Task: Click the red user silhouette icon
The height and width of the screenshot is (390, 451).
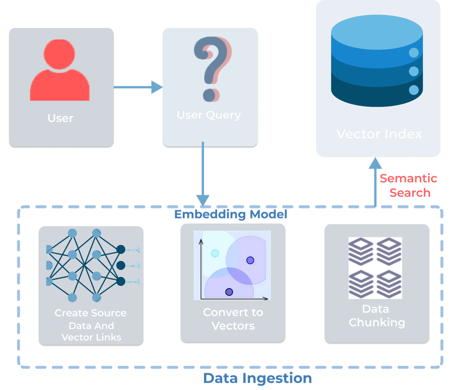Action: tap(60, 71)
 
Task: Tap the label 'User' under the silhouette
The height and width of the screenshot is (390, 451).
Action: tap(60, 118)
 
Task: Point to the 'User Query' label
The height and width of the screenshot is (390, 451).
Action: tap(209, 115)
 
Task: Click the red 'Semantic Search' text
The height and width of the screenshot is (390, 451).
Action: tap(409, 185)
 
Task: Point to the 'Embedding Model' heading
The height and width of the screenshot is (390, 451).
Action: tap(230, 214)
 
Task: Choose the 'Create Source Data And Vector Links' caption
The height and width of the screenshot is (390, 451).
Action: tap(91, 325)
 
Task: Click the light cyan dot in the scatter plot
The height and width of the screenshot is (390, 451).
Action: tap(215, 253)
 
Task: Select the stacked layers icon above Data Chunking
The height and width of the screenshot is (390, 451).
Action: tap(375, 268)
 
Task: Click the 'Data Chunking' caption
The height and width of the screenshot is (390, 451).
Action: tap(377, 316)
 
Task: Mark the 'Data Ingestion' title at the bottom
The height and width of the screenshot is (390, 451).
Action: tap(257, 378)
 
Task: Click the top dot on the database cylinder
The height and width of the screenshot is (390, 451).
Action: tap(413, 53)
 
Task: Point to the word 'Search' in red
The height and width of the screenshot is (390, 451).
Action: tap(410, 193)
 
